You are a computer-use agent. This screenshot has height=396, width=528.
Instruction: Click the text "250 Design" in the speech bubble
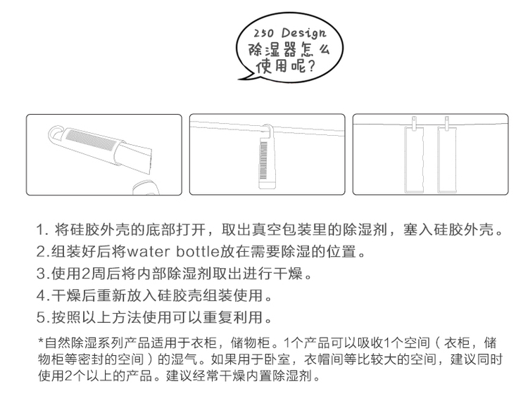pyautogui.click(x=290, y=33)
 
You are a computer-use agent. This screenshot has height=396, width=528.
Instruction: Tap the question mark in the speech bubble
pyautogui.click(x=310, y=65)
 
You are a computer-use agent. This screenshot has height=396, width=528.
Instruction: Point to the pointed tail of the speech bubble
pyautogui.click(x=240, y=79)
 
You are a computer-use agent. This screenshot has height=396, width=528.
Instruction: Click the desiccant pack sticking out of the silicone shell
pyautogui.click(x=137, y=155)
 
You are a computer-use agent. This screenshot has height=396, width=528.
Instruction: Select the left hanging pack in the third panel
pyautogui.click(x=414, y=160)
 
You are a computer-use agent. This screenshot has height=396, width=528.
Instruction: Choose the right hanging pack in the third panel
pyautogui.click(x=447, y=160)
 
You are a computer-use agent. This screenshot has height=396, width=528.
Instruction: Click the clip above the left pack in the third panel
pyautogui.click(x=414, y=122)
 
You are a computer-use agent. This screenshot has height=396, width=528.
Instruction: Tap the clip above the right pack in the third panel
pyautogui.click(x=447, y=122)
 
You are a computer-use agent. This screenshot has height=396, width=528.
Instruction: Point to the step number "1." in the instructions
pyautogui.click(x=43, y=230)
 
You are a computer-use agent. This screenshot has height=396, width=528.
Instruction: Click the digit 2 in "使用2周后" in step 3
pyautogui.click(x=86, y=274)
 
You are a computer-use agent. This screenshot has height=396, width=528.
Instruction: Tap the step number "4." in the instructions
pyautogui.click(x=43, y=296)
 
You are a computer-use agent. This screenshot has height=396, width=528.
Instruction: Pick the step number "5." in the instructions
pyautogui.click(x=43, y=318)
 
